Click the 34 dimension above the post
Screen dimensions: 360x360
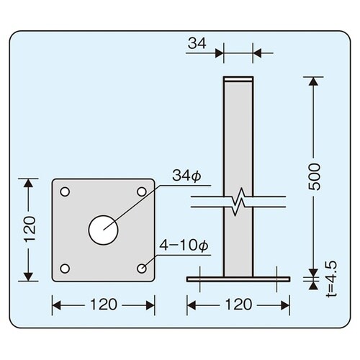click(x=197, y=44)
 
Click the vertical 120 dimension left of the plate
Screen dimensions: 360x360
click(x=28, y=230)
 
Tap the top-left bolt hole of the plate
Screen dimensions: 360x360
click(x=66, y=192)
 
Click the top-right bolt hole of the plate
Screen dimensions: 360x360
click(x=142, y=192)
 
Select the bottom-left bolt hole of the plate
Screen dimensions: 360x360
click(x=66, y=269)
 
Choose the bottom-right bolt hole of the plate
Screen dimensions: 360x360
click(x=142, y=269)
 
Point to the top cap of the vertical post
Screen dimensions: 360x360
click(x=238, y=78)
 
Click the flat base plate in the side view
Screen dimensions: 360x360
click(x=238, y=277)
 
